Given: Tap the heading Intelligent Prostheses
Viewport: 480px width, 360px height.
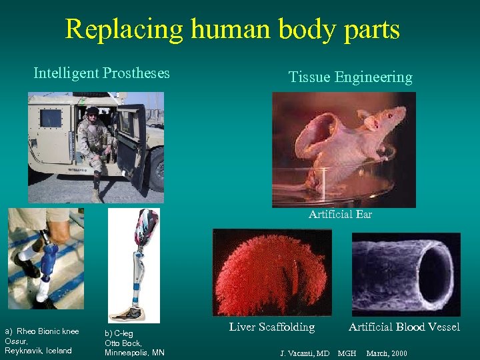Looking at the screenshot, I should (x=101, y=73).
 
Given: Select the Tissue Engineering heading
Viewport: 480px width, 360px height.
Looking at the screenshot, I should (x=350, y=77).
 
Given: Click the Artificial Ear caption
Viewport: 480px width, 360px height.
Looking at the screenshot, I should (x=340, y=215).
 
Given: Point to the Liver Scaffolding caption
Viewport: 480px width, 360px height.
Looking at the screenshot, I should (x=272, y=327).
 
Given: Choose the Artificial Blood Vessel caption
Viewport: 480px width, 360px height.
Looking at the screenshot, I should (x=404, y=327).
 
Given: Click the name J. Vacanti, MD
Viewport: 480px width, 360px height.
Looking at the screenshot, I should (x=304, y=353).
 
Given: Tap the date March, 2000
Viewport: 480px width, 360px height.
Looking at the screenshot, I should (x=387, y=353).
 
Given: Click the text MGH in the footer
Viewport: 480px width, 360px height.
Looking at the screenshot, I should (x=347, y=353).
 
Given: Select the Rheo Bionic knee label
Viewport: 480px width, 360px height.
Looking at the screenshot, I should (x=47, y=331).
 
